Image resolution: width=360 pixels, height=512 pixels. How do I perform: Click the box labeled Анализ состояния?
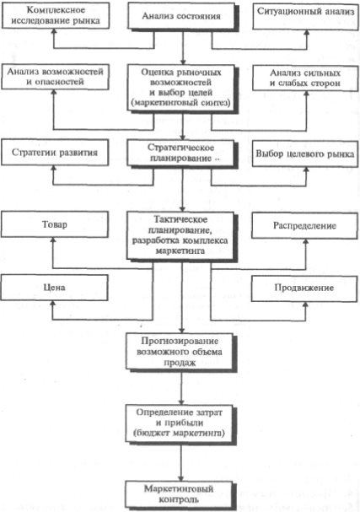pos(181,16)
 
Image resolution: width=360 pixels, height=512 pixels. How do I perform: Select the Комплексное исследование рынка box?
pos(55,15)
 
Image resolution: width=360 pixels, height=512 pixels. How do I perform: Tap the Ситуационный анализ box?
pos(305,16)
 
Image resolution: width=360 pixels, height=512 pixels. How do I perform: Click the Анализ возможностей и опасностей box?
pos(55,77)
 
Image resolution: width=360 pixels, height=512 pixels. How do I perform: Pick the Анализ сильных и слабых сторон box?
pos(305,78)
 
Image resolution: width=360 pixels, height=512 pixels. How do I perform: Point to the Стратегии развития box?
pos(55,153)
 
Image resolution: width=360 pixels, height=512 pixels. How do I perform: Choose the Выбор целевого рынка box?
pos(305,154)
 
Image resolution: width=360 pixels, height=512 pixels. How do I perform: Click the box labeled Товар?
pos(55,224)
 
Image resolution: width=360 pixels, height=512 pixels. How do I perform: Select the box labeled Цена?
pos(54,288)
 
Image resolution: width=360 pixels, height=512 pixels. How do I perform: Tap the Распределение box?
pos(304,225)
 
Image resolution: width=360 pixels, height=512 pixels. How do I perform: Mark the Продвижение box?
pos(304,288)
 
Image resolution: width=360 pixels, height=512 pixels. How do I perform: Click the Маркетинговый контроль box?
pos(179,494)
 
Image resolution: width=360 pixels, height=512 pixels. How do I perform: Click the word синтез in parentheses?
pos(217,103)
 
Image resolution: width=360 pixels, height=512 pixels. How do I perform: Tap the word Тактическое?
pos(180,219)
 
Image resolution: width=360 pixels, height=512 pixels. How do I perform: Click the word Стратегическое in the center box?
pos(180,148)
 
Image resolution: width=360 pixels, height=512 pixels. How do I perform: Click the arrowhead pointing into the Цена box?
pos(53,303)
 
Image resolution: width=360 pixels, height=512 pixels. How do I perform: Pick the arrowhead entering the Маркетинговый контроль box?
pos(180,478)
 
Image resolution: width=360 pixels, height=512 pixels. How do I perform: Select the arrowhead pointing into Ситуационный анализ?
pos(307,32)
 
